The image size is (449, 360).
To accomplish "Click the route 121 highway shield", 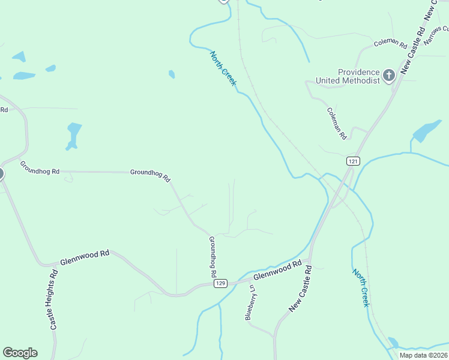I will tap(353, 161).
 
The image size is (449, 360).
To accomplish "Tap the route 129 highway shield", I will tap(221, 283).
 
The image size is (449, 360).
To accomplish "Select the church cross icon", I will tap(389, 76).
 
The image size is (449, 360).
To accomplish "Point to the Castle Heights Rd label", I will tap(53, 299).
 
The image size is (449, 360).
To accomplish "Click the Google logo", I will tap(20, 353).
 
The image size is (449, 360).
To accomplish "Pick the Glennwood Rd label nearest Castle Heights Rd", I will tap(85, 258).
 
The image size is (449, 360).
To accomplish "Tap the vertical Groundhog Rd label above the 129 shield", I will tap(212, 256).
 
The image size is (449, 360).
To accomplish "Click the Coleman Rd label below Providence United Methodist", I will tap(337, 123).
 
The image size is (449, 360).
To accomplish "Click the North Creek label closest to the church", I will tap(223, 68).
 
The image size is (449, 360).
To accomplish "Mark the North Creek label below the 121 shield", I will tap(361, 288).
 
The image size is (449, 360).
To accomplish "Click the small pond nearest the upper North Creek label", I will tap(172, 74).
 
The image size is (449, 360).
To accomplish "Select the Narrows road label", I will tap(436, 35).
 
